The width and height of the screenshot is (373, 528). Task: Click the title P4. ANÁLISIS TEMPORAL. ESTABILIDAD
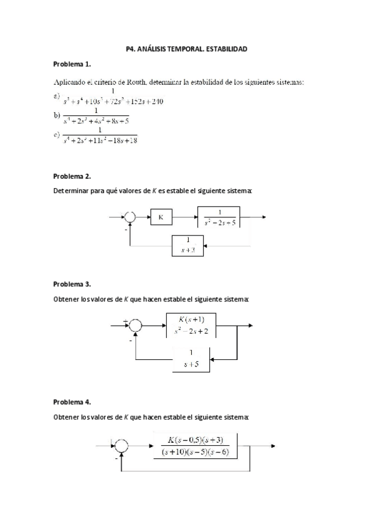186,47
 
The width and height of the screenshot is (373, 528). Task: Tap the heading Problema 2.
72,176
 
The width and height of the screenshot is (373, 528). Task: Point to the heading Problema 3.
72,284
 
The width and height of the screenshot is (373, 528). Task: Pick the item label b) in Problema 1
57,115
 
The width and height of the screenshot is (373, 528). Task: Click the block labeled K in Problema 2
160,218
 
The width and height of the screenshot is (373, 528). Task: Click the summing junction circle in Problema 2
130,217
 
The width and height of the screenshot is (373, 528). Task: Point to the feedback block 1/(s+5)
192,359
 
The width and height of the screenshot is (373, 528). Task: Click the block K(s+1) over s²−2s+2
191,324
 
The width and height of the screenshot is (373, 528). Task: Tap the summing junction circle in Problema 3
135,324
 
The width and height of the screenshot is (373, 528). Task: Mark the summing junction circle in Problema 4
123,445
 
